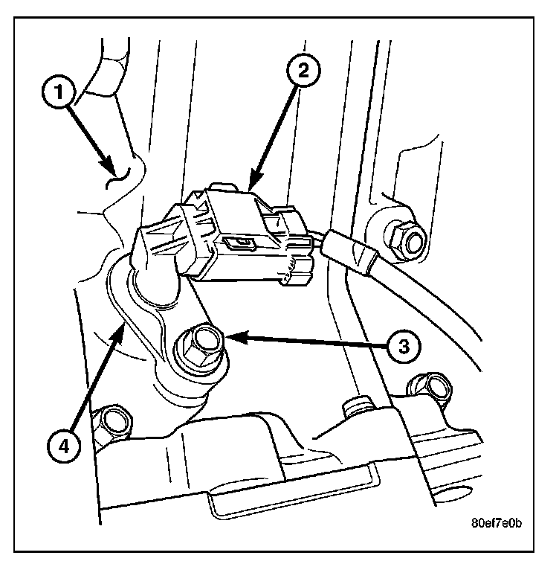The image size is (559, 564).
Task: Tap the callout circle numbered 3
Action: [402, 347]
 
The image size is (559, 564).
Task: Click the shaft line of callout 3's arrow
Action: [312, 342]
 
